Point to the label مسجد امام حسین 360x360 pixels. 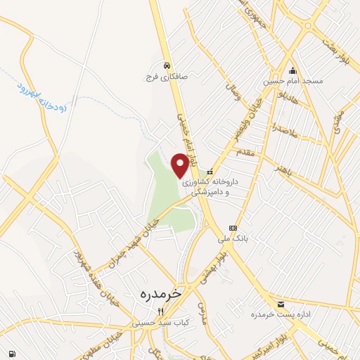[x=293, y=82]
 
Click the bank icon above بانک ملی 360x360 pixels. [x=233, y=228]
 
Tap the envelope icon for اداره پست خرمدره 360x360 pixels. [x=281, y=304]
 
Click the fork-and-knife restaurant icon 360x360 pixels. [x=160, y=311]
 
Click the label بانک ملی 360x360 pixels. [x=233, y=239]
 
